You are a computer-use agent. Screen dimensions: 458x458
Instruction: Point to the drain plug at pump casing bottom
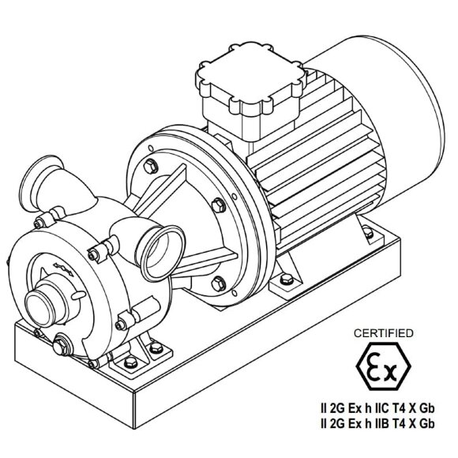click(x=61, y=345)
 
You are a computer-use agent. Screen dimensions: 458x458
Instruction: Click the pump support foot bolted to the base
click(x=150, y=355)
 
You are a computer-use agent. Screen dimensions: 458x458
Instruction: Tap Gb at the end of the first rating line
click(x=427, y=409)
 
